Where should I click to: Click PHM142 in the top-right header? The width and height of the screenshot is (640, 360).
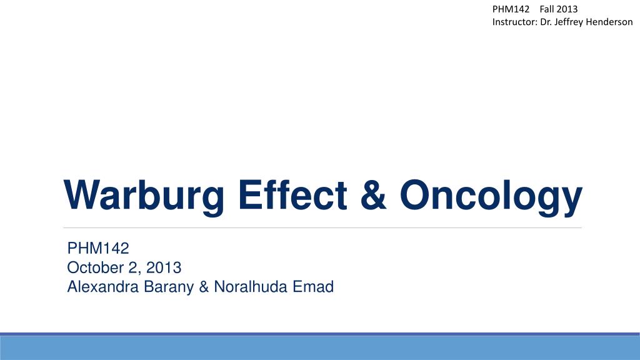tap(511, 9)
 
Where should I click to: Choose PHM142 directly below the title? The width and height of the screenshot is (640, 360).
tap(97, 249)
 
